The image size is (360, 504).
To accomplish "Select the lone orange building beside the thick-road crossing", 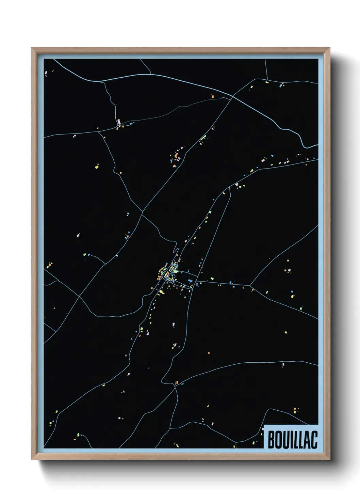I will click(x=213, y=97).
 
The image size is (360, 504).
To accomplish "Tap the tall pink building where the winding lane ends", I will click(x=119, y=122).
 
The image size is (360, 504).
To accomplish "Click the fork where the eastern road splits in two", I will click(x=250, y=285).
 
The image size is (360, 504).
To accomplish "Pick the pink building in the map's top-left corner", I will click(x=46, y=72).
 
